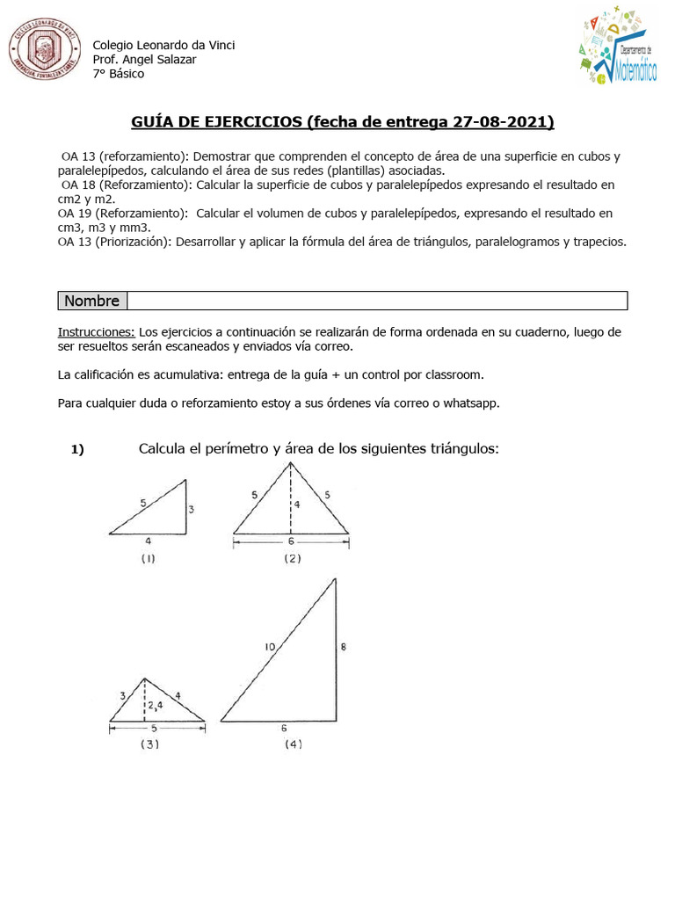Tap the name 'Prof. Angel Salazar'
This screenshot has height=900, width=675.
[145, 59]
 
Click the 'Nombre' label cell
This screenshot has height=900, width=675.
[92, 301]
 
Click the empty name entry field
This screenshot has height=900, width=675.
[377, 301]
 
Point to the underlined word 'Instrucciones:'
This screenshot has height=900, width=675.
[96, 331]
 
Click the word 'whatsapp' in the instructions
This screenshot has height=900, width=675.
[472, 403]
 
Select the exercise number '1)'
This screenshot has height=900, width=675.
[77, 450]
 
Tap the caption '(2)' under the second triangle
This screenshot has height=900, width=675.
[292, 558]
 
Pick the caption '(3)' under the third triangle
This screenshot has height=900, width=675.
[149, 744]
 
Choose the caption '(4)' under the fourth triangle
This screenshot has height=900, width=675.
[293, 744]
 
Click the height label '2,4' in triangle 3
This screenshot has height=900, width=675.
[155, 704]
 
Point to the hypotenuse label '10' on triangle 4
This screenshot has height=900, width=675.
[270, 647]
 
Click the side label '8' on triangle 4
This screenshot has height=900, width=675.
[343, 647]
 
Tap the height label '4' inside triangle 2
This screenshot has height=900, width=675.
[297, 504]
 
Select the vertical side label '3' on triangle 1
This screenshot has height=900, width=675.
[191, 509]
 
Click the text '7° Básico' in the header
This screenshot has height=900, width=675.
[119, 73]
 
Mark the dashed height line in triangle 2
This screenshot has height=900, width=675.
[291, 519]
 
